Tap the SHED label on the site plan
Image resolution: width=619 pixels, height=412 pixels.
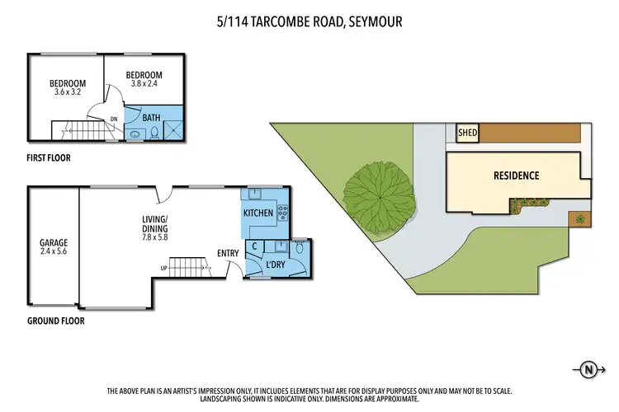(x=468, y=132)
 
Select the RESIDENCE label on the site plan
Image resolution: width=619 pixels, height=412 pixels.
(x=516, y=176)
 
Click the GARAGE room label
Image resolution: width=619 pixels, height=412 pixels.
(x=54, y=243)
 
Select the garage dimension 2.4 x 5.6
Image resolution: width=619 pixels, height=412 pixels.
(x=54, y=254)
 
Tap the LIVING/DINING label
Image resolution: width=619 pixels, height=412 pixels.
(x=154, y=224)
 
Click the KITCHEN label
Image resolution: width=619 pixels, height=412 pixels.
(x=259, y=214)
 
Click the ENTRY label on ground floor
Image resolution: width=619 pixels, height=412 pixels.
(x=229, y=254)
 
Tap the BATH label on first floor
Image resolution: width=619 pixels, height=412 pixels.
(x=151, y=118)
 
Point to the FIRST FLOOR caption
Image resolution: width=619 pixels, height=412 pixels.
(x=48, y=157)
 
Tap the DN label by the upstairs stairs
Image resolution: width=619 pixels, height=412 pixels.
(x=113, y=119)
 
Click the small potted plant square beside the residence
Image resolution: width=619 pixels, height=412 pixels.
(x=580, y=218)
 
